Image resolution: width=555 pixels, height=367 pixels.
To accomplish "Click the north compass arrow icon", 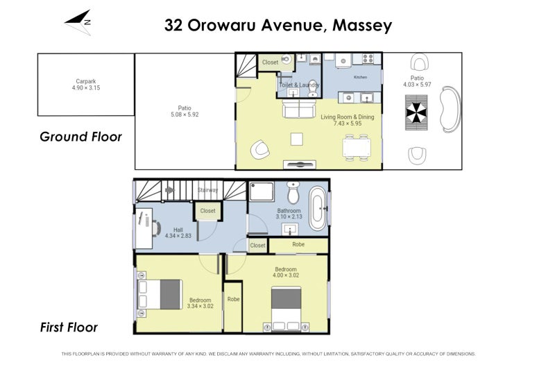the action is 78,23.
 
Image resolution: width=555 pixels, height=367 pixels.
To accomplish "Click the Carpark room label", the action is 86,81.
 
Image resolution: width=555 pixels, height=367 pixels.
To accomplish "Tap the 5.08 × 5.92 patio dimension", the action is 185,114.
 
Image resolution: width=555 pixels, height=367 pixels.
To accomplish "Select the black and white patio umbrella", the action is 416,113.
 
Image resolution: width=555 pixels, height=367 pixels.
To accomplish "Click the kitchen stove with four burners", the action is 368,58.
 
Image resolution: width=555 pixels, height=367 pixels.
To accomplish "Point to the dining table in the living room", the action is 357,148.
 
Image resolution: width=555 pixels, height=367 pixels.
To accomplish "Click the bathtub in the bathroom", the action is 318,208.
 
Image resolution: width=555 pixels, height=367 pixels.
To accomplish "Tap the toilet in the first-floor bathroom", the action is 293,193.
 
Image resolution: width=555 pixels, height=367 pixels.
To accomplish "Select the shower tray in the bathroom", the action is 262,191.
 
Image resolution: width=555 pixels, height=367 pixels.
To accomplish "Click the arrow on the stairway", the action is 170,190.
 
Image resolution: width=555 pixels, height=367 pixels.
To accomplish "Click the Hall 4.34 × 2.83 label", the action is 178,232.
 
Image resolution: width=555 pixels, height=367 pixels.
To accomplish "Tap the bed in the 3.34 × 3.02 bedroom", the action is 160,294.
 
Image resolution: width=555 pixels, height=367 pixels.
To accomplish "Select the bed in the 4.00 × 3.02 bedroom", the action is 286,309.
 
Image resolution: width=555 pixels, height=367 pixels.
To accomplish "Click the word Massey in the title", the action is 362,26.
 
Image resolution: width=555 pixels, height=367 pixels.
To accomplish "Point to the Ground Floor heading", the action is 80,137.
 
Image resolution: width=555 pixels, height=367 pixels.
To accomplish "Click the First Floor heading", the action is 69,327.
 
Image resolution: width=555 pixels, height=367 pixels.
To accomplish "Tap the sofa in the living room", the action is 299,108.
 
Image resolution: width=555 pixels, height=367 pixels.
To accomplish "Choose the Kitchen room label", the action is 360,77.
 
